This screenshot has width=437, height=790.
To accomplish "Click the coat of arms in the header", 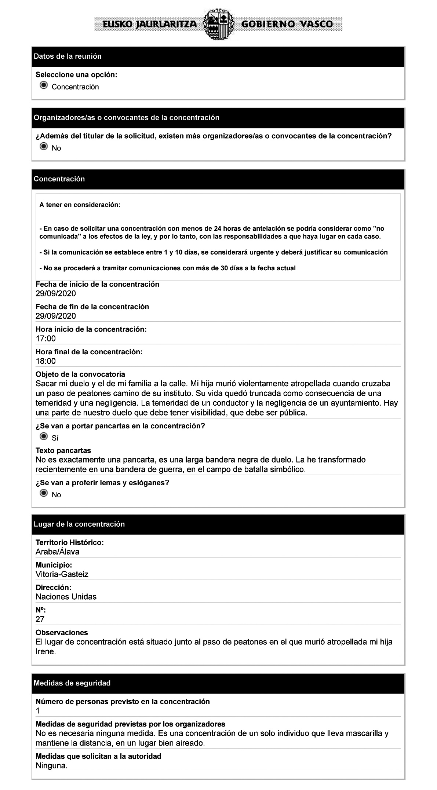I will coord(218,24).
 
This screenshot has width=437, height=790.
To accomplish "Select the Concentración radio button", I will coord(44,86).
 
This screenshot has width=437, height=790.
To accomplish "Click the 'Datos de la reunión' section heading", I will coord(68,56).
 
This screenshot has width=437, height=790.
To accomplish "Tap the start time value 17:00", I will coord(45,339).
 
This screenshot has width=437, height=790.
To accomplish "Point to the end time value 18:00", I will coord(45,361).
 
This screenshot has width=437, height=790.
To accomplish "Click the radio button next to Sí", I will coord(44,436).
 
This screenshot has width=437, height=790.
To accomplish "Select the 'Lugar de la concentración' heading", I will coord(79,524).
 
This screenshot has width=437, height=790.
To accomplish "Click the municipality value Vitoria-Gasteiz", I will coord(62,574).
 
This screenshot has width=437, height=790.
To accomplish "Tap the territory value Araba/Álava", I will coord(57,552).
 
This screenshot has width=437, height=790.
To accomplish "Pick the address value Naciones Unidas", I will coord(66,597).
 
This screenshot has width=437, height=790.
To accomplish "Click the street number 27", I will coord(40,619).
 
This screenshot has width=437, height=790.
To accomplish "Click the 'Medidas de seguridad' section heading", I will coord(72,683).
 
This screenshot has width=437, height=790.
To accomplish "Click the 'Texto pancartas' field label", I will coord(63,450).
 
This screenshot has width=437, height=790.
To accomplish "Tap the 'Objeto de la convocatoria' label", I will coord(80,374).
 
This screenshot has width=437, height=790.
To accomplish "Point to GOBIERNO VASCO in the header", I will coord(287,25).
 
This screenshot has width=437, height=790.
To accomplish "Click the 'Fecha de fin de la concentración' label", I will coord(92,307).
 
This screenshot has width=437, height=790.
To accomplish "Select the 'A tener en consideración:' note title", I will coord(80,205).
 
